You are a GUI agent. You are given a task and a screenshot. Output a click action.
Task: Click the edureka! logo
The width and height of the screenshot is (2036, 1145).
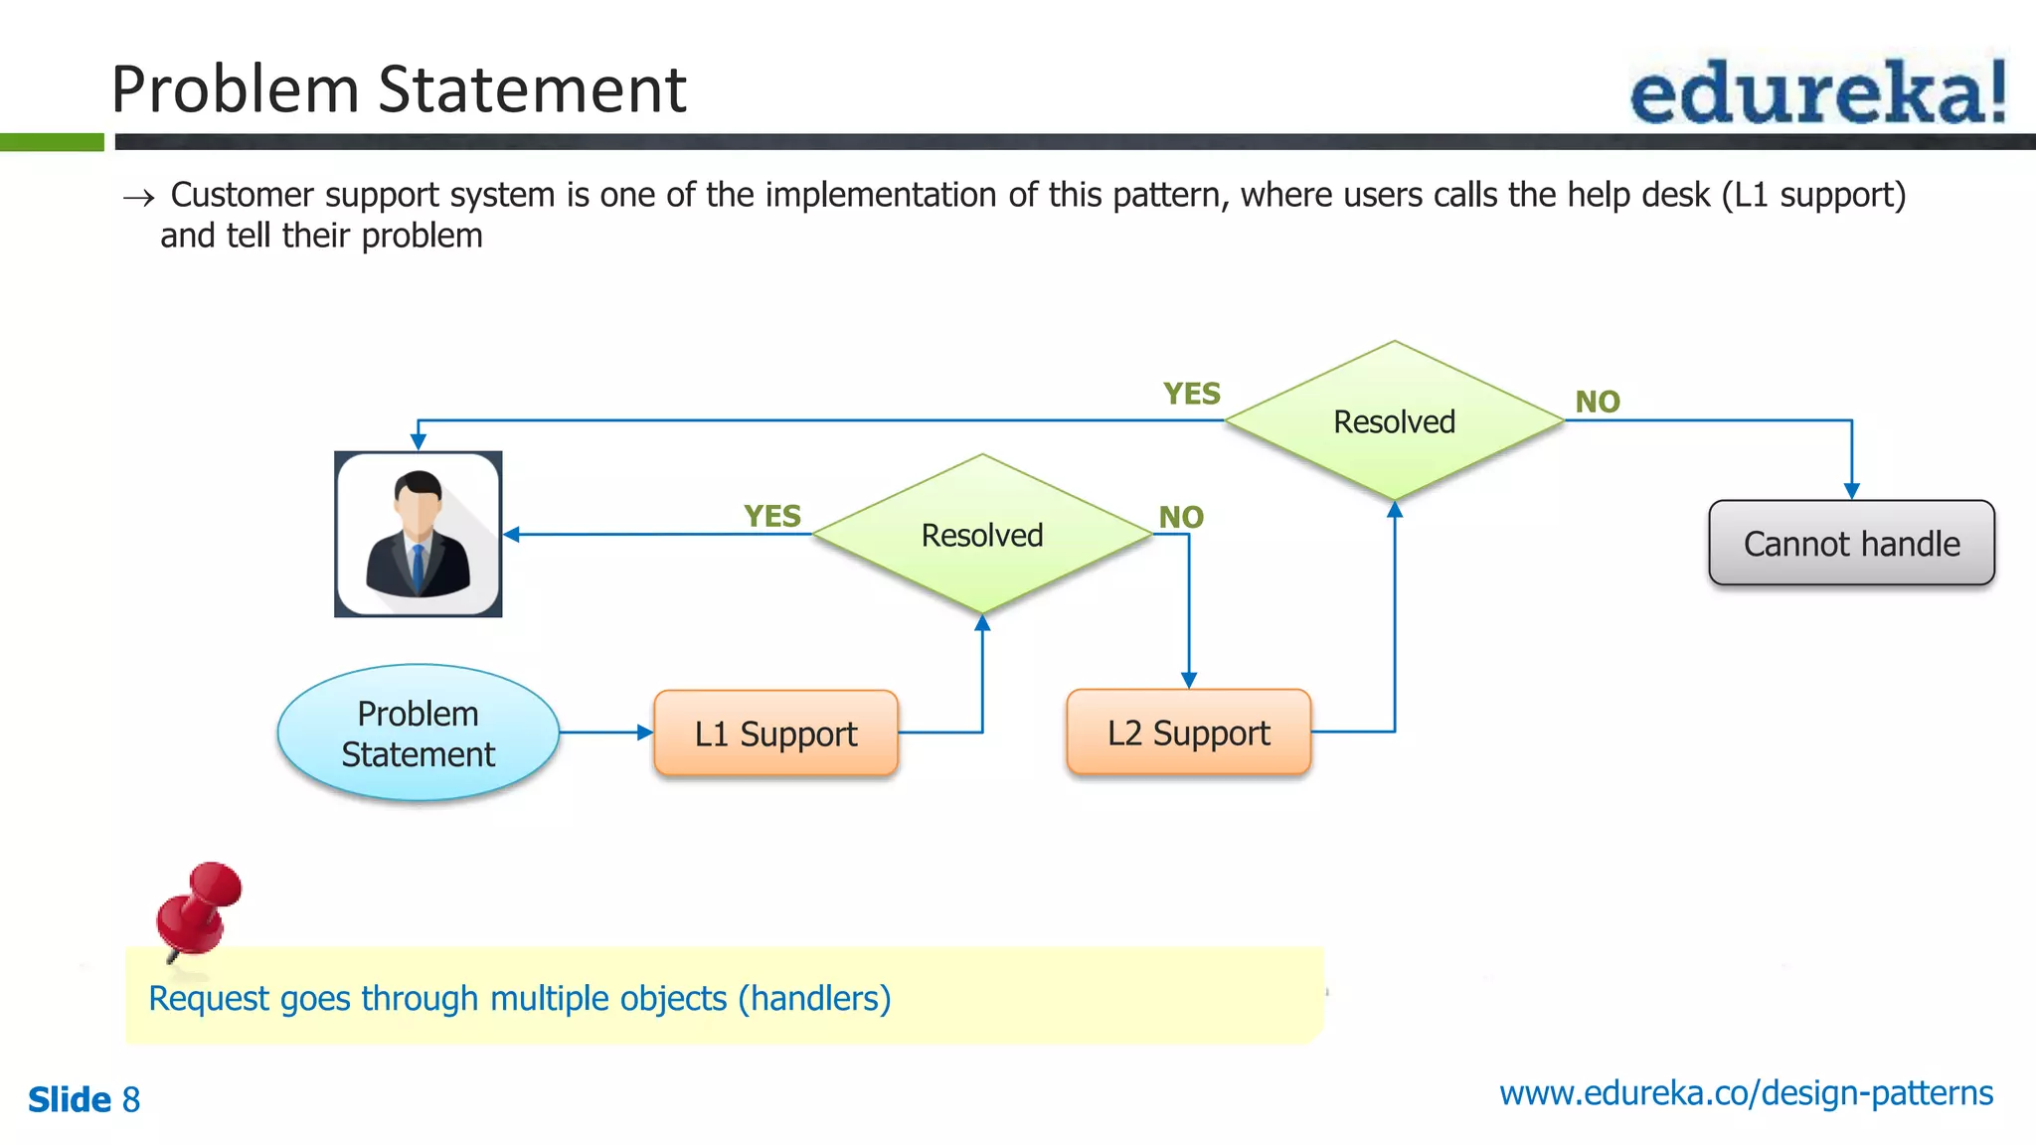[1817, 92]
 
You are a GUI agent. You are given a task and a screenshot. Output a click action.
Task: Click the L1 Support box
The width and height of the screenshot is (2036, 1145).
[775, 734]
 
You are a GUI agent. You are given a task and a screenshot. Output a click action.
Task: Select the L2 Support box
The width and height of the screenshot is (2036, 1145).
[1188, 733]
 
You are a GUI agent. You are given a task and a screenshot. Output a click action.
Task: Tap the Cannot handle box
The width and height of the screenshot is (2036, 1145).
[1851, 544]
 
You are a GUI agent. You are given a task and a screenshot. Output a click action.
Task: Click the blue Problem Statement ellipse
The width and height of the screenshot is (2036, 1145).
[418, 734]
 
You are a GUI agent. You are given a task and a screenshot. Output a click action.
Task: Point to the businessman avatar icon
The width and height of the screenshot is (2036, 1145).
[419, 535]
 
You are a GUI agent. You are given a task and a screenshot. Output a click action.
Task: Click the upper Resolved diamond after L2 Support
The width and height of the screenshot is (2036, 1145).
[1394, 421]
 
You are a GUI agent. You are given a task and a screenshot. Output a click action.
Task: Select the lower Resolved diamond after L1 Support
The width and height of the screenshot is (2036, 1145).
[981, 535]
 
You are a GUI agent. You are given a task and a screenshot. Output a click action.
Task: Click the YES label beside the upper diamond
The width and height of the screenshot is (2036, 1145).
[1191, 394]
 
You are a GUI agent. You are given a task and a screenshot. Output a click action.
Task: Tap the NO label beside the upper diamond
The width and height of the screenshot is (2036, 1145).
[1598, 402]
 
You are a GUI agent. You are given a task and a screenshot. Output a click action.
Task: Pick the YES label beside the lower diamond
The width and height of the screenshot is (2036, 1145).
[771, 516]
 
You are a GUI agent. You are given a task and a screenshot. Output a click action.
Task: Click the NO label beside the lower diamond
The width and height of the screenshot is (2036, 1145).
[1180, 517]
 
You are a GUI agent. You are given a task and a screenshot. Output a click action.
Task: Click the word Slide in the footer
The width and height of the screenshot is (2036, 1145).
[69, 1099]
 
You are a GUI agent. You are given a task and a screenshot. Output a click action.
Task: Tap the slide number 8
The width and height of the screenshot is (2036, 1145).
[131, 1099]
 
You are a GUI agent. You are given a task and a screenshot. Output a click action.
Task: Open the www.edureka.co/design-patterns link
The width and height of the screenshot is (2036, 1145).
[1746, 1093]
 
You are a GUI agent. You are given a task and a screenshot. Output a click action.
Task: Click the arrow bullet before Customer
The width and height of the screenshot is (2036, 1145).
[138, 198]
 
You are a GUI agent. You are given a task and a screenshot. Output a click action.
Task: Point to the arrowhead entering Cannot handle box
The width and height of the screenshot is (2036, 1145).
[1851, 491]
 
